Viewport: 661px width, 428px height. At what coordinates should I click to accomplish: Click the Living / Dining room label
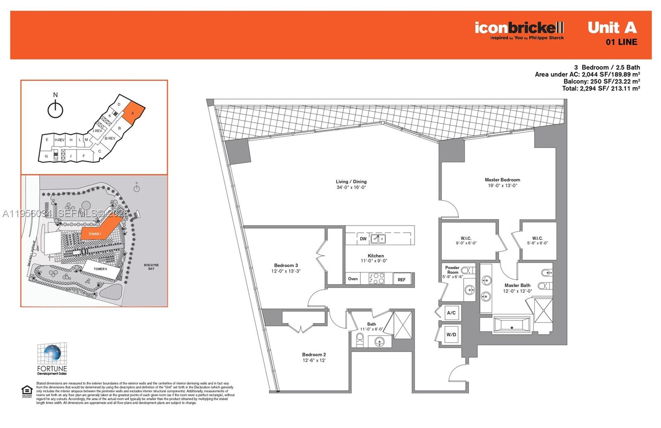click(351, 182)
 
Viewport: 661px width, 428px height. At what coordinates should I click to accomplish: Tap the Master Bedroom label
click(502, 180)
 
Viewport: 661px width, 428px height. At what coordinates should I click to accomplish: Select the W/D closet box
click(451, 335)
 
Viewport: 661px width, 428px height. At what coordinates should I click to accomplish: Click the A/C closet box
click(451, 313)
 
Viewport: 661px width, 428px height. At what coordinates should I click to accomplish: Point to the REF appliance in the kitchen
click(402, 280)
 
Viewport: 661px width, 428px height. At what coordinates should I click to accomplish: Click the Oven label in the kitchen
click(353, 279)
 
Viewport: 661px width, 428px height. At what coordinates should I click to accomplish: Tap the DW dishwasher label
click(363, 239)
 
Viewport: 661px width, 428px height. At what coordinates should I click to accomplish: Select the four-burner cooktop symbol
click(376, 278)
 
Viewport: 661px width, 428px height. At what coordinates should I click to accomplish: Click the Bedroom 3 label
click(286, 265)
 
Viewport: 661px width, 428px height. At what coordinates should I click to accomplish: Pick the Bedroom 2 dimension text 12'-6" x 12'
click(314, 361)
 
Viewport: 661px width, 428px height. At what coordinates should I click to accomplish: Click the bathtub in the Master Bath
click(511, 325)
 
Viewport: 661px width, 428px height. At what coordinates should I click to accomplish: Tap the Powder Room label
click(452, 270)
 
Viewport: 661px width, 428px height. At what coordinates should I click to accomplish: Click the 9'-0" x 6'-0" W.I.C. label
click(466, 241)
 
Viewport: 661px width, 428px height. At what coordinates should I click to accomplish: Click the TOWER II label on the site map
click(100, 269)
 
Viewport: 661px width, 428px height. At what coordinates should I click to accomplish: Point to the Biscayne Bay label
click(151, 267)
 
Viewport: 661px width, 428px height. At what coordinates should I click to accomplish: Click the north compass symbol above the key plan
click(55, 109)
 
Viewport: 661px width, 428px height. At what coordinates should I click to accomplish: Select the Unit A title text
click(612, 28)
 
